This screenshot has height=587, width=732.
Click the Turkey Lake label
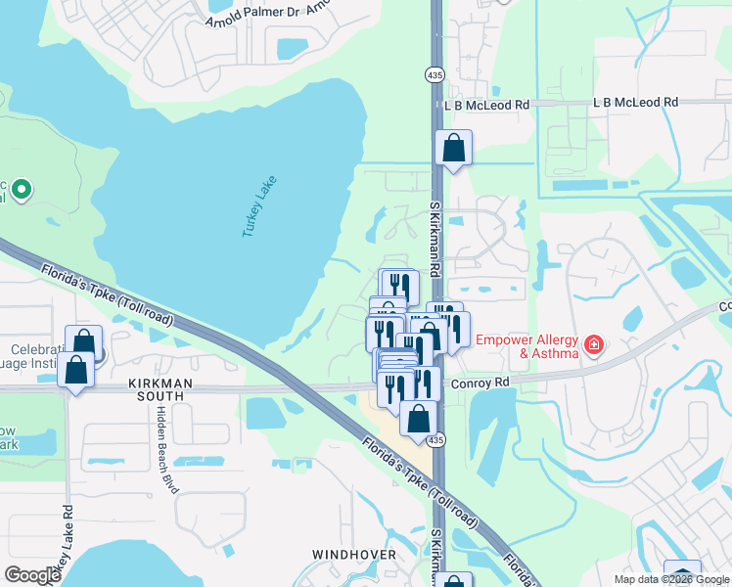click(x=259, y=206)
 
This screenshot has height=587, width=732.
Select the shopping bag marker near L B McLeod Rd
click(x=453, y=149)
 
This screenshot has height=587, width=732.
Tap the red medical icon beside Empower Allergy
click(x=592, y=345)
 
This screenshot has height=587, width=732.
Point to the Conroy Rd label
click(x=480, y=383)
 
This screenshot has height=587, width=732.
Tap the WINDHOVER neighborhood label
click(x=353, y=555)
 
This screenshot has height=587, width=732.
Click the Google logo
click(x=32, y=575)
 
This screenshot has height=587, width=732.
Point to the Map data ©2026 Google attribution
click(x=671, y=579)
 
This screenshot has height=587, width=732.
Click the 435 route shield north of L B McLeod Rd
click(x=435, y=74)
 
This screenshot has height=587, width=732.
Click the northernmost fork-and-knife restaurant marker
click(x=399, y=286)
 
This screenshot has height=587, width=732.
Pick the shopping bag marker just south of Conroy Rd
click(x=418, y=419)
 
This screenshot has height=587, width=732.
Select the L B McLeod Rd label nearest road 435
click(x=486, y=105)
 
